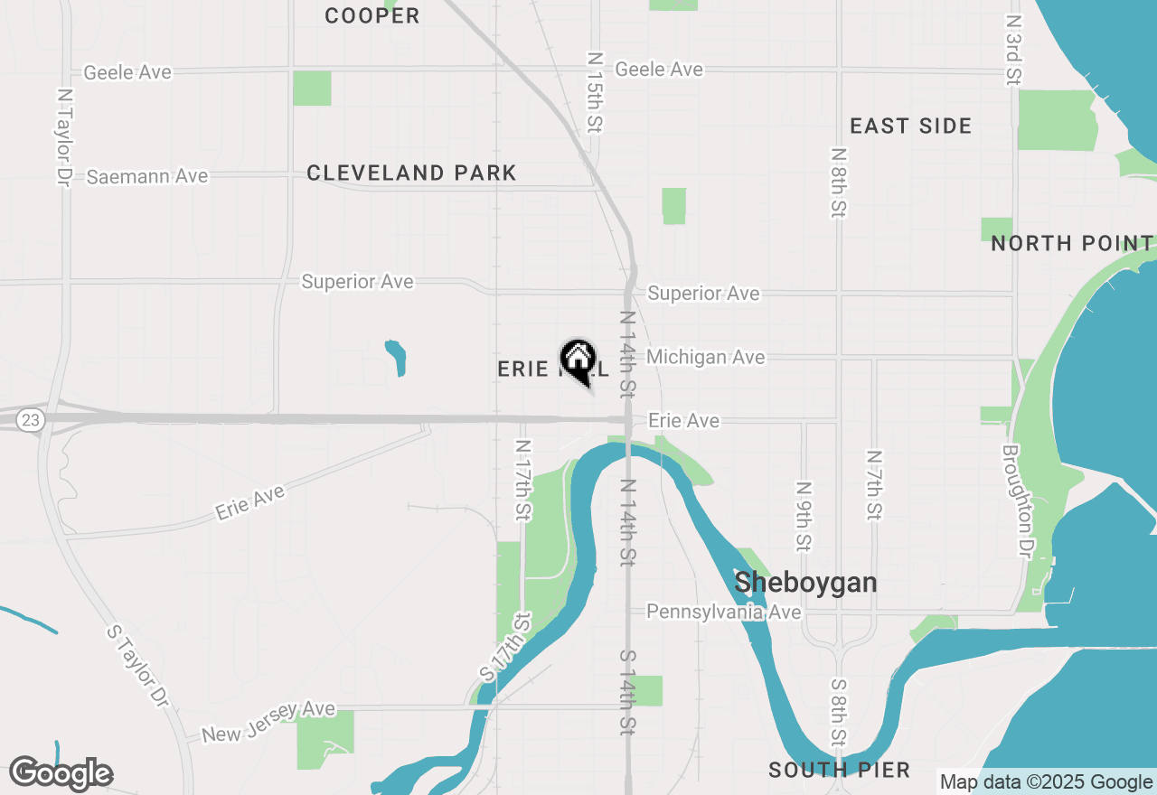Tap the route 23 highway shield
[32, 420]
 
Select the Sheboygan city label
[805, 583]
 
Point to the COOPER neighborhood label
[372, 15]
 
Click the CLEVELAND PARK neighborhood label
[411, 173]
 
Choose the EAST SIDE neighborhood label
[910, 126]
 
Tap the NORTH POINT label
[1072, 243]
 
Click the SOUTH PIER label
[839, 770]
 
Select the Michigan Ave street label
[705, 358]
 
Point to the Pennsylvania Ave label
[723, 613]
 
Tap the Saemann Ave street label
[147, 176]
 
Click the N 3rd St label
[1012, 50]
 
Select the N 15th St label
[594, 91]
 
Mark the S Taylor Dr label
[137, 665]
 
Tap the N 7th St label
[873, 485]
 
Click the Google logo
[61, 774]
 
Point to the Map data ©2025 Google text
[1045, 782]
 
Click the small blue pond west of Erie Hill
[395, 357]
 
